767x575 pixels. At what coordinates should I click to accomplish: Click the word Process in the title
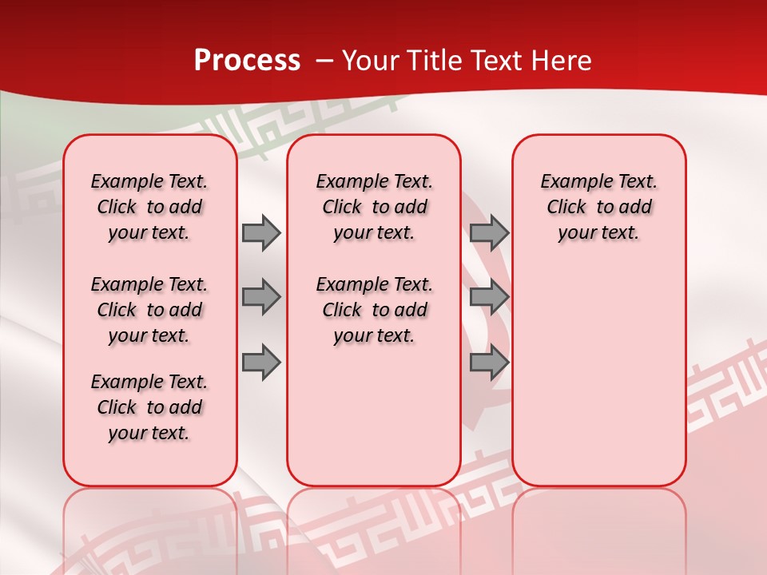tap(247, 61)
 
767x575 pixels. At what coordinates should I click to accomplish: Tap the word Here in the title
tap(560, 61)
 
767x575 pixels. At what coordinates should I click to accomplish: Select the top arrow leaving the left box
tap(261, 232)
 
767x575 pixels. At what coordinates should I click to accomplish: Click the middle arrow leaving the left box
tap(261, 297)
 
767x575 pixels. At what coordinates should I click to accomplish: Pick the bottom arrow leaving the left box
tap(261, 363)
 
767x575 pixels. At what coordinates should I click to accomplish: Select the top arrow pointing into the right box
tap(489, 232)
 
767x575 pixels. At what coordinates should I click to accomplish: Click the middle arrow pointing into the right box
tap(489, 297)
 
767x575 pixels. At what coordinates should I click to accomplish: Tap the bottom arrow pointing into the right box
tap(489, 363)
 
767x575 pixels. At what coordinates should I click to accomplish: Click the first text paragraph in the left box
tap(149, 207)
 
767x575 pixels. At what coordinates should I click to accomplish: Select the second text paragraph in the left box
tap(149, 310)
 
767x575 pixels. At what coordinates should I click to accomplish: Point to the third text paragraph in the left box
tap(149, 407)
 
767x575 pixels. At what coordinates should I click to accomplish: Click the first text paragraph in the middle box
tap(374, 207)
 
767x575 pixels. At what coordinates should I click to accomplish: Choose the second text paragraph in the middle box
tap(374, 310)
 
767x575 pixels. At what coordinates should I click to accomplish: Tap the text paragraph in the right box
tap(598, 207)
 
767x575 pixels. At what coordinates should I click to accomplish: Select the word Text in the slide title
tap(495, 61)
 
